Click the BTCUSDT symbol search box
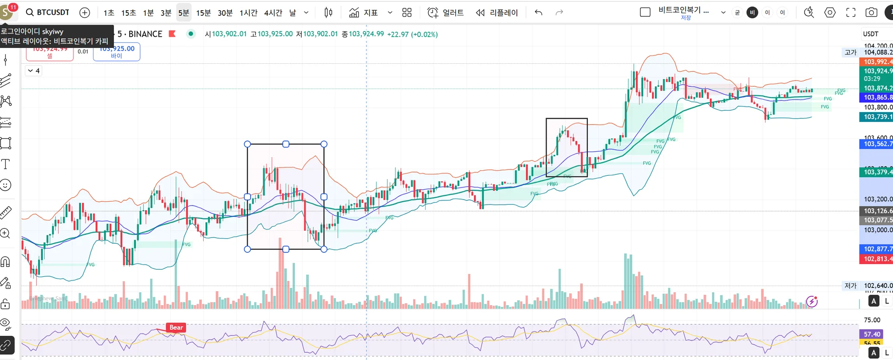47,13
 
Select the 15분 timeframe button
203,13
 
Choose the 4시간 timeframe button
273,13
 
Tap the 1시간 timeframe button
248,13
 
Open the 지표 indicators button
363,13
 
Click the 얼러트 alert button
446,13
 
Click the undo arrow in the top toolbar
539,13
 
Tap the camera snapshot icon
871,13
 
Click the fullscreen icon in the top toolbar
851,13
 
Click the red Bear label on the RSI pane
176,327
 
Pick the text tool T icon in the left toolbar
6,164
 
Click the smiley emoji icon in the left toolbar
6,185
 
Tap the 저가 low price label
851,286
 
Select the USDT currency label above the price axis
870,34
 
